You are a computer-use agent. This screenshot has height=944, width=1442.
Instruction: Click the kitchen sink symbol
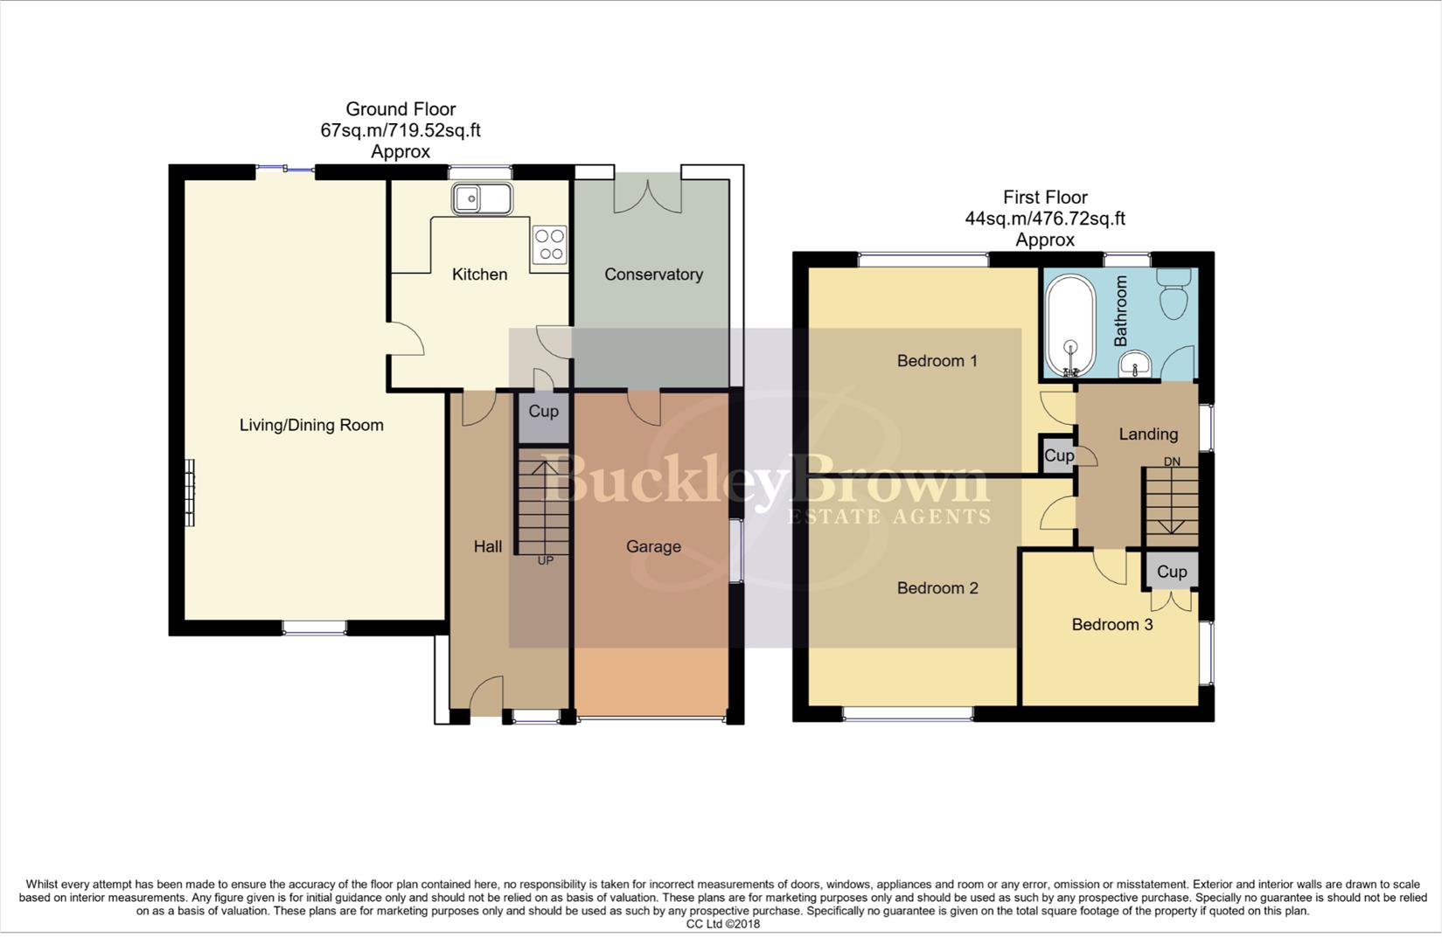(x=481, y=198)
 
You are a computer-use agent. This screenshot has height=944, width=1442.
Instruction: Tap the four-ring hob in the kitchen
(x=550, y=245)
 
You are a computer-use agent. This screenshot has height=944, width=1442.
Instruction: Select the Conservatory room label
(x=653, y=274)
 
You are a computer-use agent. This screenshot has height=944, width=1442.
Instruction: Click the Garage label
(x=653, y=547)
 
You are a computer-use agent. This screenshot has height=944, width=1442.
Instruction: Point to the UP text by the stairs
(x=545, y=560)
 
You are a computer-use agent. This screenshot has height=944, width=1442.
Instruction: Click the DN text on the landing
(x=1171, y=462)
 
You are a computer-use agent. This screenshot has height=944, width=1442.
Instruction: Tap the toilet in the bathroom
(x=1173, y=295)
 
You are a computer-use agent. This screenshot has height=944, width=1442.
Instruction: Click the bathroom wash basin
(x=1135, y=362)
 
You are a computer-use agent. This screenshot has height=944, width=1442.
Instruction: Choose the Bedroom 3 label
(x=1111, y=625)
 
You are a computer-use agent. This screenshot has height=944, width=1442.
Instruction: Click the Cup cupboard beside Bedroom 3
(x=1172, y=572)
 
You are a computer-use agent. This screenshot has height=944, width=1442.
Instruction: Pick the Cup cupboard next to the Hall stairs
(x=543, y=412)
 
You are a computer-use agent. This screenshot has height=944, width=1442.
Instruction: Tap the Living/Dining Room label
(x=311, y=426)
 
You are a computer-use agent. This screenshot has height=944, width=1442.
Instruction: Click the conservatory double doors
(x=648, y=194)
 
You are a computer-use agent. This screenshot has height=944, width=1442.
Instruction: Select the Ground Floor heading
(x=401, y=109)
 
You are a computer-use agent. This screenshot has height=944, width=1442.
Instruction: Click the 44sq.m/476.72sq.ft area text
(x=1044, y=219)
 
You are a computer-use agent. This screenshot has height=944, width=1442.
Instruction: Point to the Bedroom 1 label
(x=937, y=361)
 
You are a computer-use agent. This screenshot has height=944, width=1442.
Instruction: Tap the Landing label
(x=1147, y=434)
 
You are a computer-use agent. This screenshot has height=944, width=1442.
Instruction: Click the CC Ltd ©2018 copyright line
(x=722, y=924)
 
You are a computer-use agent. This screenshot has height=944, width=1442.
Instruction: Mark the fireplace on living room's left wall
(x=189, y=492)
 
